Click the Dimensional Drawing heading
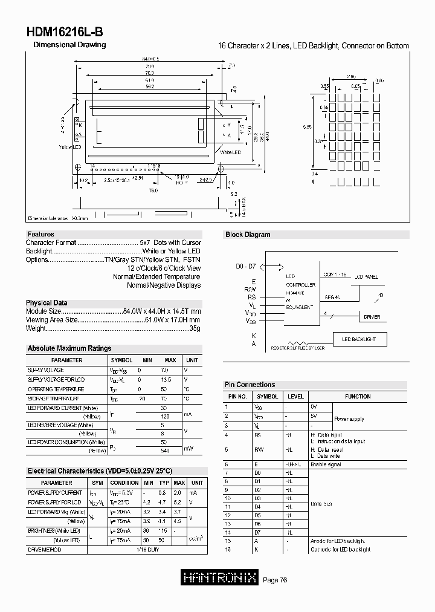[x=69, y=45]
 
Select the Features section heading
[x=41, y=234]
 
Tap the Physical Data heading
[x=47, y=303]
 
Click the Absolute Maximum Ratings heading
[x=69, y=348]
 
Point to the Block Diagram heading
[x=248, y=235]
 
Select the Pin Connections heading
[x=250, y=385]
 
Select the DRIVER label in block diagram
[x=372, y=317]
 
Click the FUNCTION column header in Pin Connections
[x=358, y=397]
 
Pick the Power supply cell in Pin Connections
[x=349, y=418]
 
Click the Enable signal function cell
[x=326, y=464]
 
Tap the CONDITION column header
[x=124, y=483]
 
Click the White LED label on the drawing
[x=230, y=152]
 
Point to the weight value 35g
[x=195, y=328]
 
